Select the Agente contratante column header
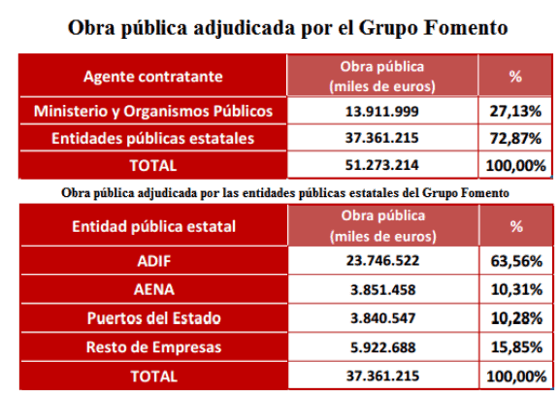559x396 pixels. (153, 77)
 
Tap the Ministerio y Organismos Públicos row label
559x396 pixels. (153, 112)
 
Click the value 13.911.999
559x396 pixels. (381, 112)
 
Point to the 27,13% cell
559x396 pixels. (515, 112)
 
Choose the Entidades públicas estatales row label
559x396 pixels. (153, 138)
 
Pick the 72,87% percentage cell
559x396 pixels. (515, 138)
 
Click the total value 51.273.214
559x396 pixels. (381, 165)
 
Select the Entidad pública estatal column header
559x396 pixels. (153, 227)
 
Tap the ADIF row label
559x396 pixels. (154, 261)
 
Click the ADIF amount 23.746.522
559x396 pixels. (382, 260)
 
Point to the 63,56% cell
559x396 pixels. (516, 261)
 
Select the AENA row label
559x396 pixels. (154, 289)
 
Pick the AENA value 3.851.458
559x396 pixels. (382, 290)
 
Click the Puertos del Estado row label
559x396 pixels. (154, 318)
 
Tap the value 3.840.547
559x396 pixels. (382, 318)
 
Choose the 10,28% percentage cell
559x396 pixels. (516, 318)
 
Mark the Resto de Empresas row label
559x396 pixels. (154, 347)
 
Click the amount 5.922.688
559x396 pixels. (382, 347)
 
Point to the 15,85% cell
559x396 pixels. (516, 347)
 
